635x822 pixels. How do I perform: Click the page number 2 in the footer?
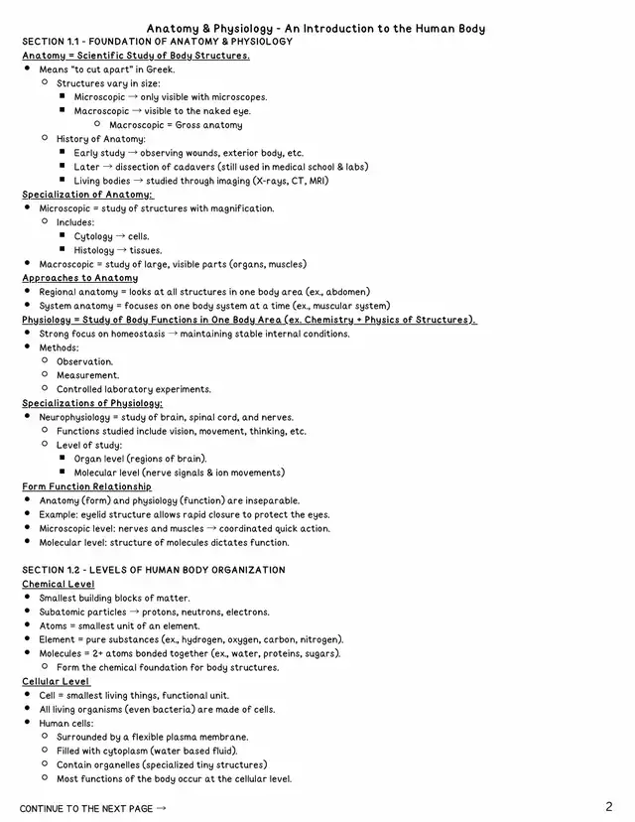(x=608, y=806)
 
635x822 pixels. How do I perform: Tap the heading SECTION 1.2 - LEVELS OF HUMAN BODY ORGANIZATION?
(x=154, y=571)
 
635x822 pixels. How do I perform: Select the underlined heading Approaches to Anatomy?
(x=80, y=279)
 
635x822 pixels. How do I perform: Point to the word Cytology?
(x=93, y=237)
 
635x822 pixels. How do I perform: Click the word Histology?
(x=94, y=251)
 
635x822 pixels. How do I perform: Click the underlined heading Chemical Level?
(x=59, y=585)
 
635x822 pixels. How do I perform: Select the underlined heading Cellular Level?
(x=57, y=682)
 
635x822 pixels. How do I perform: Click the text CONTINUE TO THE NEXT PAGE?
(x=87, y=809)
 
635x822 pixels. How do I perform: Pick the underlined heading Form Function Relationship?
(x=87, y=487)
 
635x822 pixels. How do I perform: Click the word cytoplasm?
(x=121, y=752)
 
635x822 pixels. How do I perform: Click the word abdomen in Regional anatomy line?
(x=344, y=293)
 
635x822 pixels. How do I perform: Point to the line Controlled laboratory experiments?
(x=133, y=390)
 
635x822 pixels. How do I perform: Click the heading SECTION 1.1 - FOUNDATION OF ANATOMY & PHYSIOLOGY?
(x=157, y=42)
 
